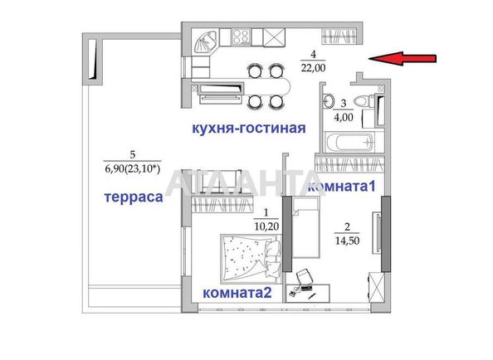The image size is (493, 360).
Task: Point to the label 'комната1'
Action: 341,188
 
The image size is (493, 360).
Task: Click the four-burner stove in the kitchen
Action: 241,37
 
